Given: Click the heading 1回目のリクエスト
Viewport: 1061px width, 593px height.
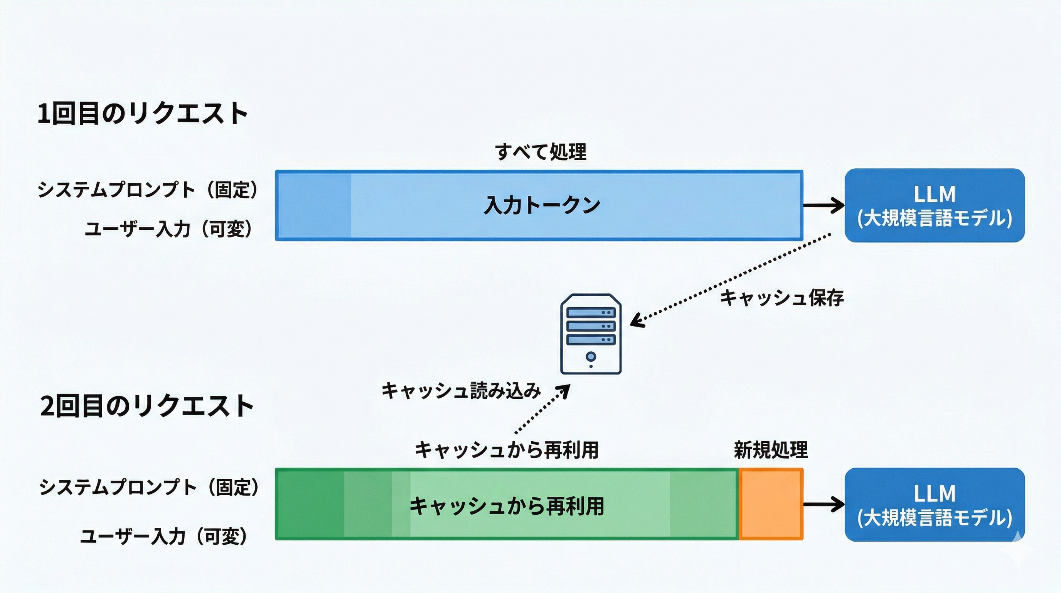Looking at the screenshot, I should pyautogui.click(x=143, y=114).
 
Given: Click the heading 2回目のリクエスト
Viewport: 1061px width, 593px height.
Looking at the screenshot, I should pyautogui.click(x=147, y=406).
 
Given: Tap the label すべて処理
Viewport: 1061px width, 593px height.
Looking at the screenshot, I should pyautogui.click(x=541, y=152).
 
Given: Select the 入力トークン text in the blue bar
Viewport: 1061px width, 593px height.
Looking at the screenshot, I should pyautogui.click(x=542, y=205).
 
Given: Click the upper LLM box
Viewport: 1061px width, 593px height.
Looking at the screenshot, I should pyautogui.click(x=934, y=205).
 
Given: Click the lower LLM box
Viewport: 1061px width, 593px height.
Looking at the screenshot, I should pyautogui.click(x=934, y=504).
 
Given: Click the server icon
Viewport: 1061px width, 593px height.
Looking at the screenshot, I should pyautogui.click(x=591, y=334).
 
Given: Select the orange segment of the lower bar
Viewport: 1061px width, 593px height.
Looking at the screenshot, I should pyautogui.click(x=771, y=504).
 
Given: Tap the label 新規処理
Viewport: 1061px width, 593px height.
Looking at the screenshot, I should pyautogui.click(x=771, y=450).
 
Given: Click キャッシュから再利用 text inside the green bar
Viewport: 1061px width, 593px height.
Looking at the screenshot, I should pyautogui.click(x=507, y=506).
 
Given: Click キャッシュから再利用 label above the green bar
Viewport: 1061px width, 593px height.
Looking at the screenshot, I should pyautogui.click(x=507, y=450).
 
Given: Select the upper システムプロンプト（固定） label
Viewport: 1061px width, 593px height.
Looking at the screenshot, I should pyautogui.click(x=147, y=190).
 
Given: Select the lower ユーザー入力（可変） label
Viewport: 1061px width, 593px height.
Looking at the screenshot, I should pyautogui.click(x=164, y=537).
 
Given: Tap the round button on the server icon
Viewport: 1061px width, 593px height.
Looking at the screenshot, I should pyautogui.click(x=591, y=356).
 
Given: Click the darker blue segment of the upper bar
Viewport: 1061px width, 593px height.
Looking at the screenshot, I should pyautogui.click(x=314, y=205).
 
